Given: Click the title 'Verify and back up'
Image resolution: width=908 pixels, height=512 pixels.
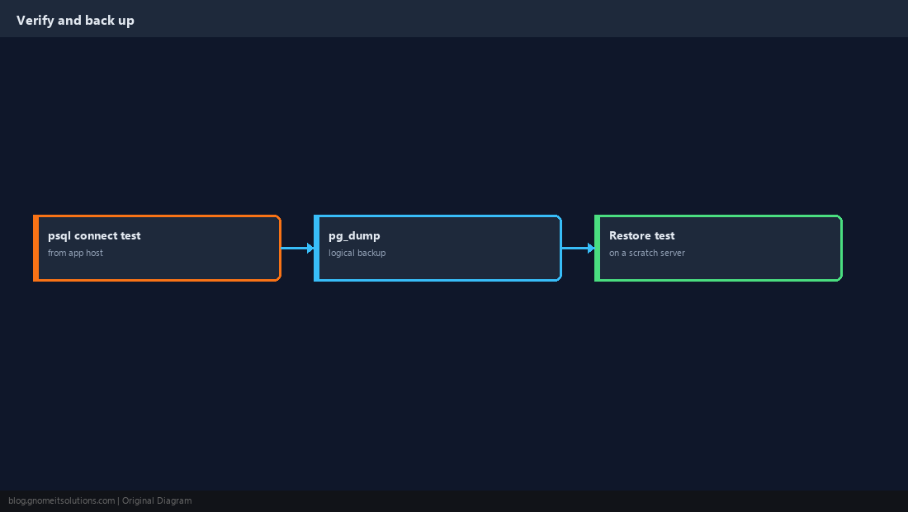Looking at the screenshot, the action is pos(75,21).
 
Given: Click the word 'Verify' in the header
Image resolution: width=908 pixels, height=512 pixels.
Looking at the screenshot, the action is pos(35,21).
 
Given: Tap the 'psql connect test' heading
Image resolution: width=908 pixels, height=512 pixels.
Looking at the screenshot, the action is pos(94,235).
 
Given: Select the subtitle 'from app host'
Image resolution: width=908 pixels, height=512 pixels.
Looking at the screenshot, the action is pos(75,253).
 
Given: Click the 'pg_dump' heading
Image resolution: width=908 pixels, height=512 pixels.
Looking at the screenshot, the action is pos(354,235).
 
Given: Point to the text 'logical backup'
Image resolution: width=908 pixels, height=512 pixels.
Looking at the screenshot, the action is pos(357,253).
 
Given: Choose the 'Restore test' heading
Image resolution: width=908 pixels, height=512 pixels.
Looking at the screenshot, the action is pos(641,235).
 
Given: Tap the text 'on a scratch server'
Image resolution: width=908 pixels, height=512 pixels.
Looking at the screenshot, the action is pos(647,253).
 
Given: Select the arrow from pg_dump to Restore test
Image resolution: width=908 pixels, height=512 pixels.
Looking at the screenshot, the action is pos(578,248).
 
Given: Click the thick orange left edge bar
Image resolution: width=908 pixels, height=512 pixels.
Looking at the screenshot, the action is pos(35,248).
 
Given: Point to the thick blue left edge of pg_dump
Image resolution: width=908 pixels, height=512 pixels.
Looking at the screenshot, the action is pos(317,248).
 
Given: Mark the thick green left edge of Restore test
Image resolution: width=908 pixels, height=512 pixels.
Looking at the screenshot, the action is pos(597,248).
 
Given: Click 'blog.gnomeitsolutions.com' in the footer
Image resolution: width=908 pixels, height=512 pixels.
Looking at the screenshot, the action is pos(61,501).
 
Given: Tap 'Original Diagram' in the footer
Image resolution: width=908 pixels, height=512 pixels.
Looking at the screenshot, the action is pos(157,501).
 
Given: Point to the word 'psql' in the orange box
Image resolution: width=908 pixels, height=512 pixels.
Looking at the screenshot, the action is pos(59,236).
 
